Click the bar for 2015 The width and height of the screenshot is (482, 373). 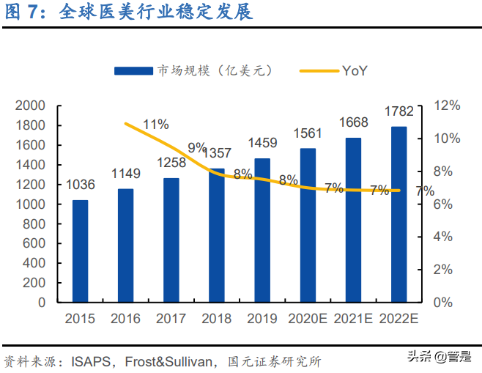pos(80,251)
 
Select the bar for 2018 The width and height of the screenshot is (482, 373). pos(217,234)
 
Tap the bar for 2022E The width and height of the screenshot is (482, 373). pos(399,214)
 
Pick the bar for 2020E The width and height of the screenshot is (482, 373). pos(308,225)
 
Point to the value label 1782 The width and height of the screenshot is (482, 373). pos(399,111)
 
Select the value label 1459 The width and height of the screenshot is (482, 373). pos(262,143)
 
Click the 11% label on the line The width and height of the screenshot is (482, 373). pos(156,124)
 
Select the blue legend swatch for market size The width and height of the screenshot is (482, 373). pos(133,71)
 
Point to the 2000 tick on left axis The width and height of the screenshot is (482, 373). pos(30,106)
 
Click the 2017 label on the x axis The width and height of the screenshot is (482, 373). pos(171,319)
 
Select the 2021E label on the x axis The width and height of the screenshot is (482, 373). pos(354,319)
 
